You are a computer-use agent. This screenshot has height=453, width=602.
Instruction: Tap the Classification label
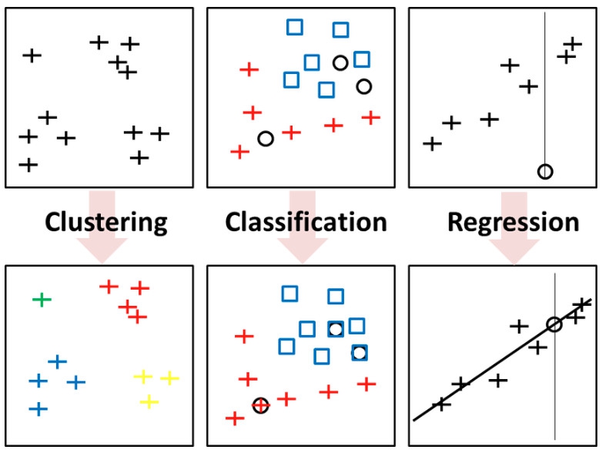306,223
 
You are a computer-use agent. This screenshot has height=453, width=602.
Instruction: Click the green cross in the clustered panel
42,300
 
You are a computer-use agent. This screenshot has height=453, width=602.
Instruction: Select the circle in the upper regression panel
545,171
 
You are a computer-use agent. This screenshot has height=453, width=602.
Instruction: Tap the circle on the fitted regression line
554,324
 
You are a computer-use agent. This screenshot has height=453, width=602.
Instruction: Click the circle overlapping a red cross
261,404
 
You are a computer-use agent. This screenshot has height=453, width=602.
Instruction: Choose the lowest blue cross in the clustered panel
38,408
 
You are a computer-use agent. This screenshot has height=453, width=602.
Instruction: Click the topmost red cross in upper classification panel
249,69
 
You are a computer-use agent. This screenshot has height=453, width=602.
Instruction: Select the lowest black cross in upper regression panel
433,143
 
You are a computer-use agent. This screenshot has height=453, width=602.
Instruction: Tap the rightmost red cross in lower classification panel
366,383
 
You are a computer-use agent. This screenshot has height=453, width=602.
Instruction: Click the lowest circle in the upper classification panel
266,139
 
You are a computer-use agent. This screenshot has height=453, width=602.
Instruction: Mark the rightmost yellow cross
169,377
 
